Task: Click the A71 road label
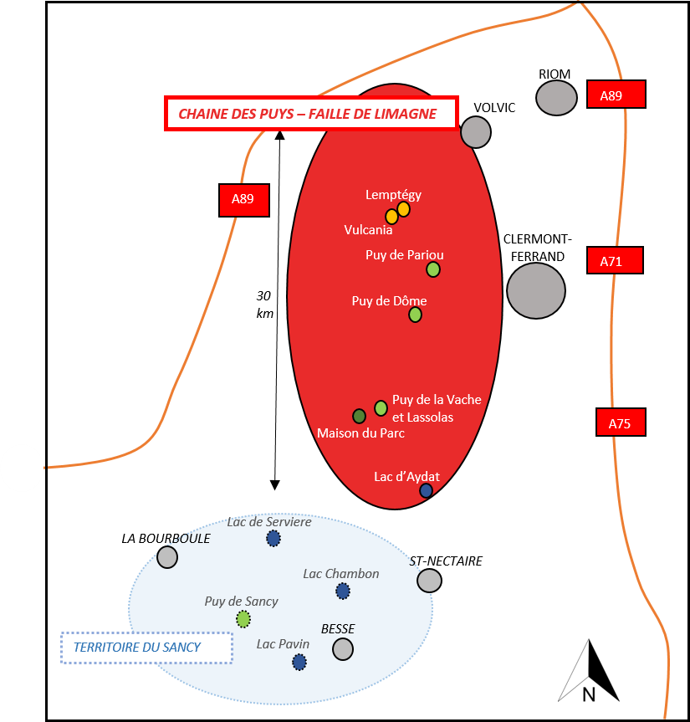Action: (x=615, y=261)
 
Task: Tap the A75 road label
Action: (x=621, y=423)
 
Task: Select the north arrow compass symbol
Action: (x=589, y=670)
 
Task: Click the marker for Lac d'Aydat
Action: (x=426, y=491)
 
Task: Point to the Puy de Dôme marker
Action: (x=415, y=315)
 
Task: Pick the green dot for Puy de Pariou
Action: (x=433, y=269)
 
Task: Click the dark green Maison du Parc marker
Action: (x=359, y=416)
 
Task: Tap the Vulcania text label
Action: (x=368, y=230)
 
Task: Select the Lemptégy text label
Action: (x=393, y=195)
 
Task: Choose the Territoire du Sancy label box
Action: (x=146, y=648)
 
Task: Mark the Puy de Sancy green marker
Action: (x=243, y=619)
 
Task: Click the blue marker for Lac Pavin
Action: (x=299, y=662)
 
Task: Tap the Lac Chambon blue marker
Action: (x=343, y=591)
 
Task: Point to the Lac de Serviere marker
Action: (x=273, y=538)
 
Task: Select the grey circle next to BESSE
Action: (x=343, y=649)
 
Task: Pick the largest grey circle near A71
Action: (x=536, y=291)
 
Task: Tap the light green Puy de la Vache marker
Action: (x=381, y=408)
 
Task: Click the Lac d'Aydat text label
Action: (x=406, y=477)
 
